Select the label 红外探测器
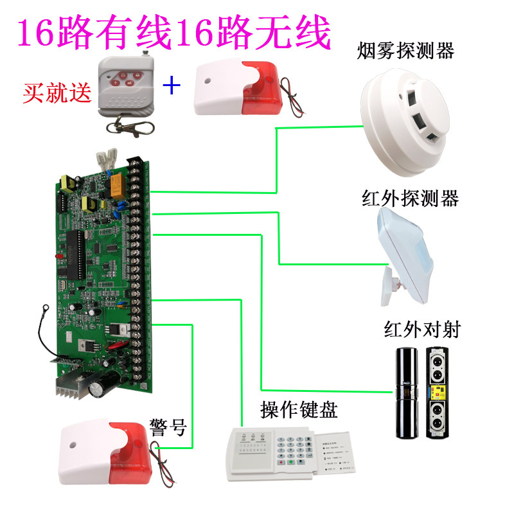pos(410,199)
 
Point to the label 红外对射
pos(422,330)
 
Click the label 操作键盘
pos(299,409)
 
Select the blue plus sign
pos(172,85)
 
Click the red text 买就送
pos(57,94)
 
